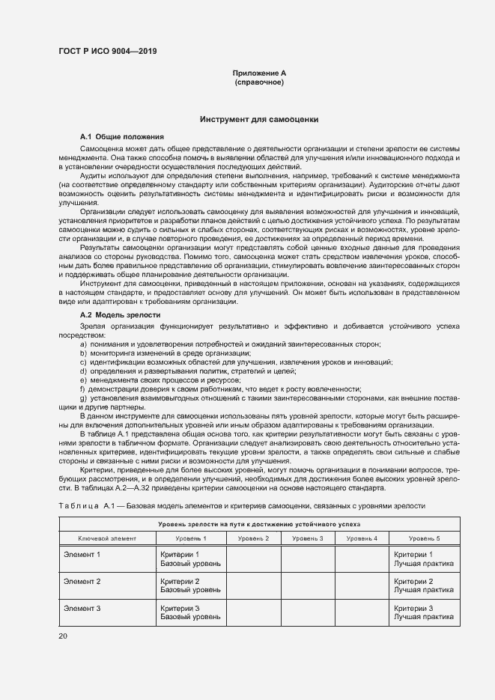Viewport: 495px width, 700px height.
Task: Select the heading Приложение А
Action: click(x=259, y=73)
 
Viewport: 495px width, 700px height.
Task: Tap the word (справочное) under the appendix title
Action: click(x=259, y=82)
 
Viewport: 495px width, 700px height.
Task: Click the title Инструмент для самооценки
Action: click(x=259, y=119)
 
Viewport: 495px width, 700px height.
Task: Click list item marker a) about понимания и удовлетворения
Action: click(x=83, y=344)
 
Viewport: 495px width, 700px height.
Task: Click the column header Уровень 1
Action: click(x=191, y=538)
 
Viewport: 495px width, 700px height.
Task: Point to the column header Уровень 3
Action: click(x=307, y=538)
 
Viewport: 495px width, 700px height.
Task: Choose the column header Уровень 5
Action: click(x=424, y=538)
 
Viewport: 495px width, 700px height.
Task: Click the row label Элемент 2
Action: click(x=82, y=581)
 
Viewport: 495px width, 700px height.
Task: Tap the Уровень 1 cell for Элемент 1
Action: click(x=191, y=559)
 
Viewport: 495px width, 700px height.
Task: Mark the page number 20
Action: click(x=63, y=636)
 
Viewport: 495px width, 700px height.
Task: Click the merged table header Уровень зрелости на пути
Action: click(x=259, y=525)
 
